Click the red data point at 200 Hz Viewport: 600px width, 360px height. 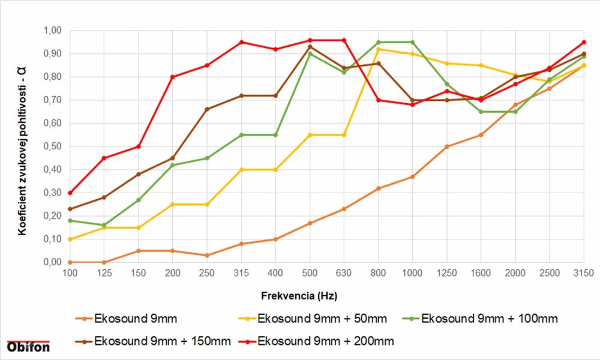[x=173, y=77]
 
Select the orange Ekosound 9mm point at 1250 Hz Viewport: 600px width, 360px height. [x=446, y=146]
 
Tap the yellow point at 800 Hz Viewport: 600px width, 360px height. [x=378, y=49]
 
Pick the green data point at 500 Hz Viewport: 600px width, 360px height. [x=310, y=54]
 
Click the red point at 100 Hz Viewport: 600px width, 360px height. [x=70, y=193]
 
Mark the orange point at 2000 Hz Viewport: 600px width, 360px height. [x=515, y=105]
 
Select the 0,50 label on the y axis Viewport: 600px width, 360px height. [x=53, y=146]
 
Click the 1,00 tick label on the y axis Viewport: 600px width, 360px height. [x=53, y=31]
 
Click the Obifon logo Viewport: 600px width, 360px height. [x=28, y=346]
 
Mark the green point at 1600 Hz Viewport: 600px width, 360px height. [x=481, y=112]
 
